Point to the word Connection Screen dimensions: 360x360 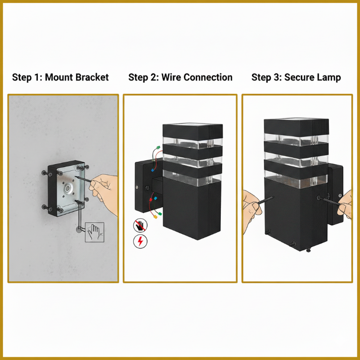point(208,77)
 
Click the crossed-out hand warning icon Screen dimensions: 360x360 point(140,225)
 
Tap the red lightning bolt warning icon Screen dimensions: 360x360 point(140,241)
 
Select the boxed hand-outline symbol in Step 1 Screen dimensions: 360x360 point(95,232)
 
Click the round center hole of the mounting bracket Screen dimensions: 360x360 point(68,189)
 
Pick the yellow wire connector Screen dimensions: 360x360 point(155,216)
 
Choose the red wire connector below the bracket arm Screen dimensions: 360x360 point(151,200)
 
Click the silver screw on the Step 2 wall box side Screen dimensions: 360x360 point(137,187)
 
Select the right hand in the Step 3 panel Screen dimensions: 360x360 point(345,205)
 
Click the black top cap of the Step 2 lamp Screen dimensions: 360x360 point(192,132)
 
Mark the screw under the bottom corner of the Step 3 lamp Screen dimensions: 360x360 point(309,250)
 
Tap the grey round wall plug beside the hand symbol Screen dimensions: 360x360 point(79,229)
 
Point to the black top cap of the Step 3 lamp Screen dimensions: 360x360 point(297,127)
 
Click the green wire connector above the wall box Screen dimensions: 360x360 point(158,148)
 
